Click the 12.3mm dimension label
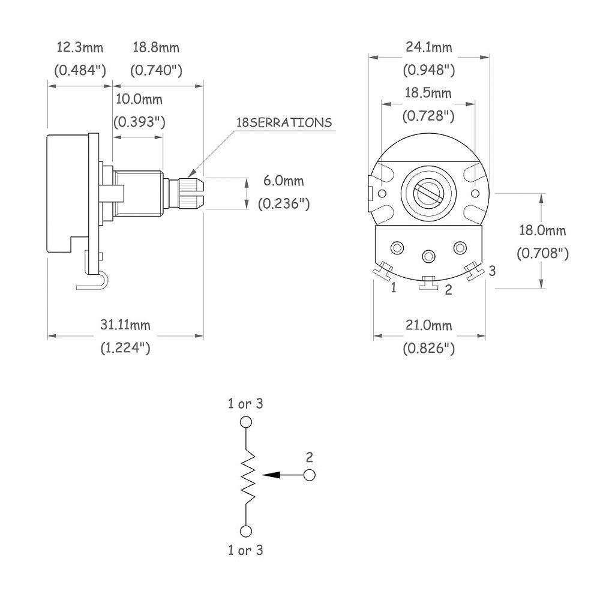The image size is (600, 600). click(x=80, y=47)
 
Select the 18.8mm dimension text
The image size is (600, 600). click(x=156, y=47)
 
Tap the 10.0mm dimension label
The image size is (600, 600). click(x=139, y=99)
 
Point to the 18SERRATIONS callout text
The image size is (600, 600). click(x=284, y=122)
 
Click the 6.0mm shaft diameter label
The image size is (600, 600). click(x=284, y=181)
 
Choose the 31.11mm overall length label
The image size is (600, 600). click(x=125, y=325)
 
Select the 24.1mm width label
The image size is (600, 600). click(x=428, y=47)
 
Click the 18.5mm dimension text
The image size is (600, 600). click(x=428, y=93)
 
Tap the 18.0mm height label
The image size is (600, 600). click(x=542, y=230)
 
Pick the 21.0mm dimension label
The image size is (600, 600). click(x=428, y=325)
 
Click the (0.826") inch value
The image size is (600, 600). click(x=428, y=348)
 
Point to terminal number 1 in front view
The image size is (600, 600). click(x=394, y=288)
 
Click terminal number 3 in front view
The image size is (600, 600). click(x=492, y=271)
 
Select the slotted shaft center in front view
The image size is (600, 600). click(x=428, y=194)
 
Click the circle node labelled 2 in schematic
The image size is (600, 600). click(x=310, y=475)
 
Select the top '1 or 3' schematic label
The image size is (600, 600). click(x=245, y=404)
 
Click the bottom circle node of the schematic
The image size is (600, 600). click(x=245, y=531)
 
